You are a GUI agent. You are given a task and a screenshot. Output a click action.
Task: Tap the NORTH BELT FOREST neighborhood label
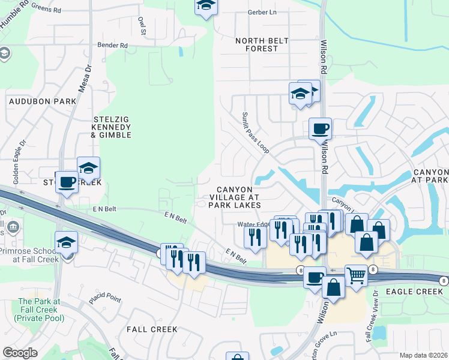[262, 44]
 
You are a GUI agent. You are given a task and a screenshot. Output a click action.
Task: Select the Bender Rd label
[113, 46]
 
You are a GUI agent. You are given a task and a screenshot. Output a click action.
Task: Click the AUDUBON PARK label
[43, 101]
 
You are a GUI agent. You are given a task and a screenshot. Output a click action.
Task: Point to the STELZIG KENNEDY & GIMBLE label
[111, 127]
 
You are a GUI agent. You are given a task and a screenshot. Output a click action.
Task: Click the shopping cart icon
[356, 275]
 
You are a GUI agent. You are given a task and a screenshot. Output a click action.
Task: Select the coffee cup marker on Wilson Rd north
[320, 128]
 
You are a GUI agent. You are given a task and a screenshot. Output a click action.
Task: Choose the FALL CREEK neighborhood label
[152, 329]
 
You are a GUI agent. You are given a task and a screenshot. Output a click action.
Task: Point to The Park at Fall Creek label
[40, 309]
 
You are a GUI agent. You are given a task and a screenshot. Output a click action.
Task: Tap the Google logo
[20, 353]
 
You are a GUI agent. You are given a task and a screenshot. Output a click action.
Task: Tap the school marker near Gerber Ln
[206, 6]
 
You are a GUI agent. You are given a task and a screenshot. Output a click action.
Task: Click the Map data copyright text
[424, 355]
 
